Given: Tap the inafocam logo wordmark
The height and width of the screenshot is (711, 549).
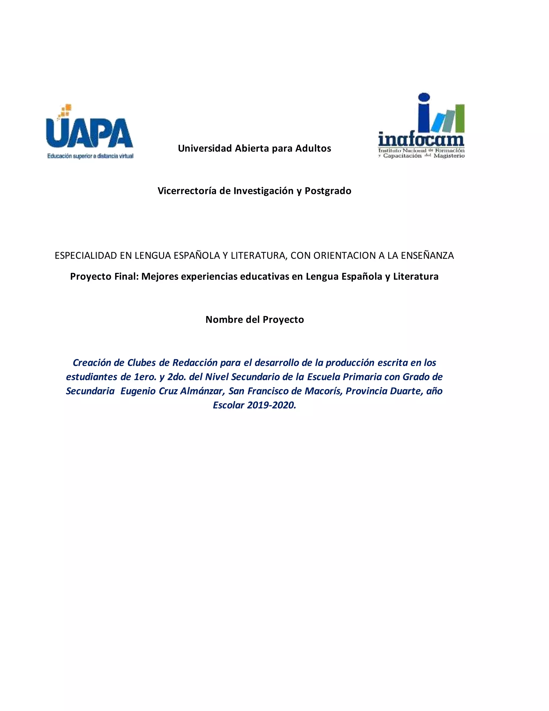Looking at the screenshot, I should coord(421,140).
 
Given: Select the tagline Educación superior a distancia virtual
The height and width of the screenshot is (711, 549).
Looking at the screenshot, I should coord(90,156).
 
